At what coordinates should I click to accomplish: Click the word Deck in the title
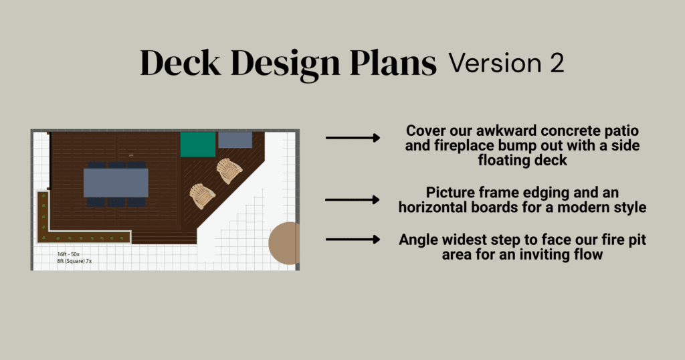click(x=180, y=63)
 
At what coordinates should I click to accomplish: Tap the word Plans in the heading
click(x=393, y=63)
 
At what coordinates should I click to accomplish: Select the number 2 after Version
click(x=557, y=64)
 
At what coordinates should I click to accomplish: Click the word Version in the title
click(x=495, y=64)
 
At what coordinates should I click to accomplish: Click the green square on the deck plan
click(x=198, y=144)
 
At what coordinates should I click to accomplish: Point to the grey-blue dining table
click(x=116, y=183)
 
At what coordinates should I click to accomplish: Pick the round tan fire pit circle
click(x=284, y=244)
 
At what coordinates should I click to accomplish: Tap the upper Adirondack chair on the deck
click(x=229, y=171)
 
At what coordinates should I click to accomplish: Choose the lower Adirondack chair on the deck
click(x=202, y=196)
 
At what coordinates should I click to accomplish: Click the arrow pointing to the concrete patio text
click(x=353, y=138)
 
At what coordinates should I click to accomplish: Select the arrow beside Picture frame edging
click(x=353, y=199)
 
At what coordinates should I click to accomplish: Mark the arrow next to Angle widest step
click(x=353, y=240)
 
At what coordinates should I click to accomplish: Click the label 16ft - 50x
click(x=69, y=254)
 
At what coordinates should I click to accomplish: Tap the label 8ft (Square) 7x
click(x=74, y=261)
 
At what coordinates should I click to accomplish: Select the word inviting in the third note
click(x=535, y=254)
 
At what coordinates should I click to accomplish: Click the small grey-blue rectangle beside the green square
click(x=235, y=140)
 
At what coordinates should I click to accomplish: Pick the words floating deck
click(x=522, y=161)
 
